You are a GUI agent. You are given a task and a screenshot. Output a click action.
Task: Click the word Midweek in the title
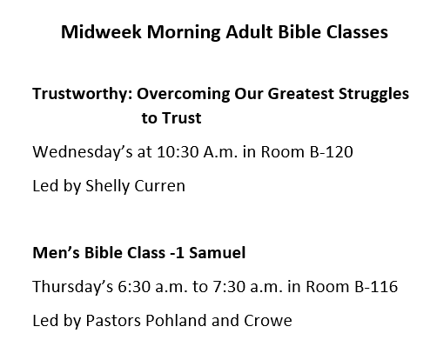point(101,31)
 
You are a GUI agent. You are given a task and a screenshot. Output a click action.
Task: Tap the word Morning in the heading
point(184,32)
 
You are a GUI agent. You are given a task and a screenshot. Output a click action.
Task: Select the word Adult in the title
point(249,31)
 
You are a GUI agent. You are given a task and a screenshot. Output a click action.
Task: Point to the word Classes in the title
point(357,31)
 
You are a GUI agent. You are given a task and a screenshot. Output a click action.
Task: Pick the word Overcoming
point(183,95)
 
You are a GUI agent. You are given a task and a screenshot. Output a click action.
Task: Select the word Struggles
point(373,95)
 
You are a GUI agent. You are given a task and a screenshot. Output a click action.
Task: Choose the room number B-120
point(332,151)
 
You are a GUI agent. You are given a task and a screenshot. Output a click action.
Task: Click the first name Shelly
point(107,186)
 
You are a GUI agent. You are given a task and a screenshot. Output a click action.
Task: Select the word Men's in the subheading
point(56,252)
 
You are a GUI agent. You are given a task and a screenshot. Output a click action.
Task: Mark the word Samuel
point(218,252)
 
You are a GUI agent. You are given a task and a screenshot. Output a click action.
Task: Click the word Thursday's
point(73,287)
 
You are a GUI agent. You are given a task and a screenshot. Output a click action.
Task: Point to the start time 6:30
point(134,287)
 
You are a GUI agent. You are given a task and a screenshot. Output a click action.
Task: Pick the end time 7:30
point(229,287)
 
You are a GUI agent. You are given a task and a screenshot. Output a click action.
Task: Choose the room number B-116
point(376,287)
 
